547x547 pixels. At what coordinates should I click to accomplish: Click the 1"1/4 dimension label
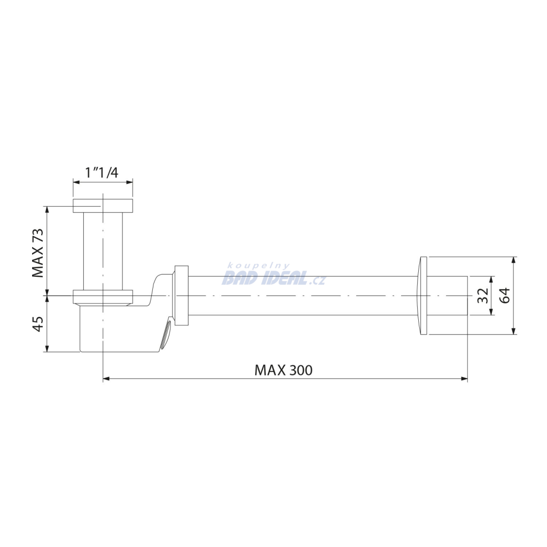[x=102, y=173]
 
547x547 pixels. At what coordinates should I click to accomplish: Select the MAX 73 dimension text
[x=38, y=253]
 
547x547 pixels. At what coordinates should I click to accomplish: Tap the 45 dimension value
[x=38, y=324]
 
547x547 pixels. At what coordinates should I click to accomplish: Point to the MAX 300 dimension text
[x=283, y=370]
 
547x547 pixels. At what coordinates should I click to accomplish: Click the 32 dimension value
[x=483, y=296]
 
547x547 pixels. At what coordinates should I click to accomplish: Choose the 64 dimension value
[x=504, y=295]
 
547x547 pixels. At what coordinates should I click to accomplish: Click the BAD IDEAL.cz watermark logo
[x=273, y=278]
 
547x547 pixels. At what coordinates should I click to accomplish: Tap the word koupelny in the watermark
[x=259, y=266]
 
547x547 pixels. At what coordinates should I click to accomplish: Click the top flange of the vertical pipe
[x=103, y=206]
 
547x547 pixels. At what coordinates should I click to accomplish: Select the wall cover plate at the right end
[x=423, y=296]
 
